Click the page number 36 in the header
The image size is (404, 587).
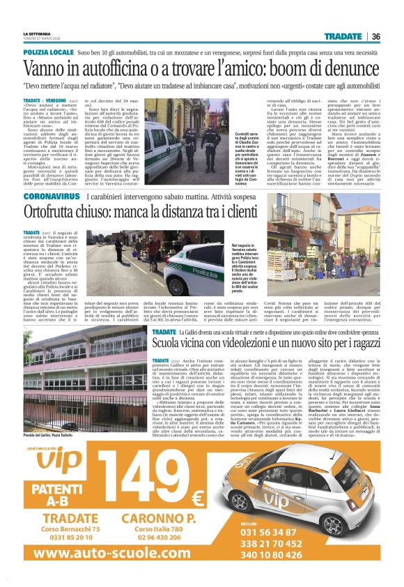click(x=375, y=36)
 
